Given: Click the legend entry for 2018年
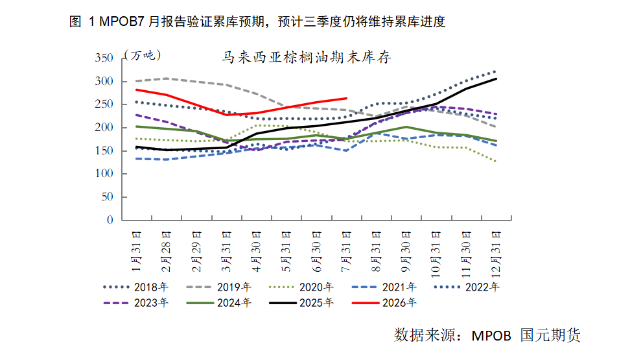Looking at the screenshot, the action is pos(135,287).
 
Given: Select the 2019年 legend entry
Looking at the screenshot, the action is pos(218,287).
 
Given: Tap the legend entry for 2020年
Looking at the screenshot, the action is pos(301,287).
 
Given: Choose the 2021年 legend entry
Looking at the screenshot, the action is pos(384,287).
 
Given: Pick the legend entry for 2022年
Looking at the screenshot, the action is pos(467,287).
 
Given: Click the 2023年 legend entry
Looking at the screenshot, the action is pos(135,303).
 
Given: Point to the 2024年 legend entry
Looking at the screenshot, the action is pos(218,303).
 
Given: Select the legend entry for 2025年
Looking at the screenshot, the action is pos(301,303).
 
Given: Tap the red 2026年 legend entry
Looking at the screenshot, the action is pos(384,303).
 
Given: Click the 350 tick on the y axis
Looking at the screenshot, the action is pos(104,58).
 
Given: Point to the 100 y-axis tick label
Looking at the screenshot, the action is pos(104,173).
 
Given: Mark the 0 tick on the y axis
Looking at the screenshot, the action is pos(110,220).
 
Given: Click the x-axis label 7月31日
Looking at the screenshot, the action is pos(346,252).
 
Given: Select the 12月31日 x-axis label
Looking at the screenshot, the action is pos(496,254).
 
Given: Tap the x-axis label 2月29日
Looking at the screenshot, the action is pos(196,252).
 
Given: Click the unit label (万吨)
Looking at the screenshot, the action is pos(143,55).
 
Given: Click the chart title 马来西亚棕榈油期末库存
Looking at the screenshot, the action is pos(307,58).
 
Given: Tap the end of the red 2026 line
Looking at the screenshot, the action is pos(346,99).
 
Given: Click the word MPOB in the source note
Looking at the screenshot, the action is pos(491,335).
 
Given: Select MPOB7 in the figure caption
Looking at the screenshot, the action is pos(122,21).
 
